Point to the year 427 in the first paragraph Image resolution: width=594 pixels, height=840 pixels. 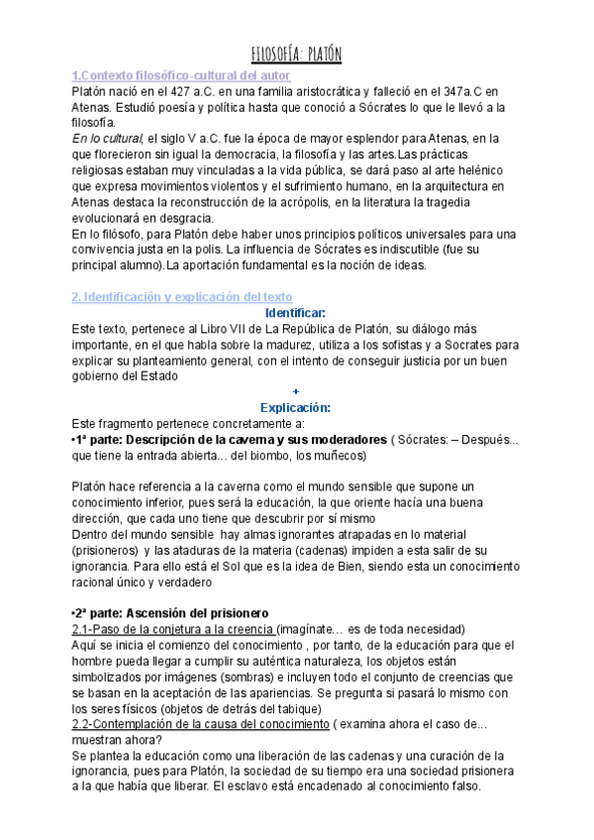pyautogui.click(x=180, y=92)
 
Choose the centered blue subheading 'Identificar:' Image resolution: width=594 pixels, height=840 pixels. pyautogui.click(x=296, y=313)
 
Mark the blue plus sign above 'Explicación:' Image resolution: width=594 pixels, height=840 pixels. pyautogui.click(x=296, y=392)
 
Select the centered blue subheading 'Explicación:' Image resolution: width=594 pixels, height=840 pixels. pyautogui.click(x=296, y=407)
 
